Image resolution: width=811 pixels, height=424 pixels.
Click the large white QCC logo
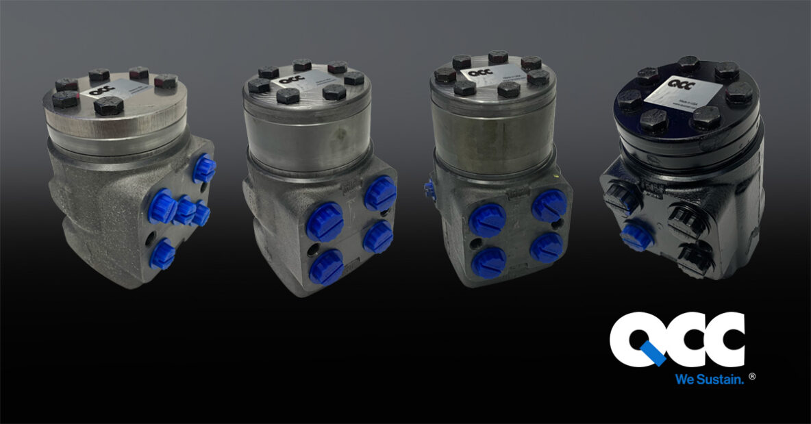click(677, 340)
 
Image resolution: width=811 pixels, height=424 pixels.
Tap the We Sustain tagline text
click(708, 379)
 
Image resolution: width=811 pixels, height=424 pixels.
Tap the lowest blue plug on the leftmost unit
click(162, 254)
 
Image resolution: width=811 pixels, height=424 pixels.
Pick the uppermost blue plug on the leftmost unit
click(203, 169)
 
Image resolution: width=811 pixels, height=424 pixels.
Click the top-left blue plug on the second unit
click(325, 223)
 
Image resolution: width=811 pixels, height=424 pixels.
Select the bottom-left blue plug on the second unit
click(326, 266)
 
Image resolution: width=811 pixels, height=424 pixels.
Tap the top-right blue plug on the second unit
click(380, 194)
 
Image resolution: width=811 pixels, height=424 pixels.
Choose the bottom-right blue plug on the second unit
click(378, 237)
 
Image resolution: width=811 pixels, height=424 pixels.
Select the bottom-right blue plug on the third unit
click(547, 247)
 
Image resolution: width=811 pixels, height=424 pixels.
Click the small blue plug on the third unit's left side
click(429, 188)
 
